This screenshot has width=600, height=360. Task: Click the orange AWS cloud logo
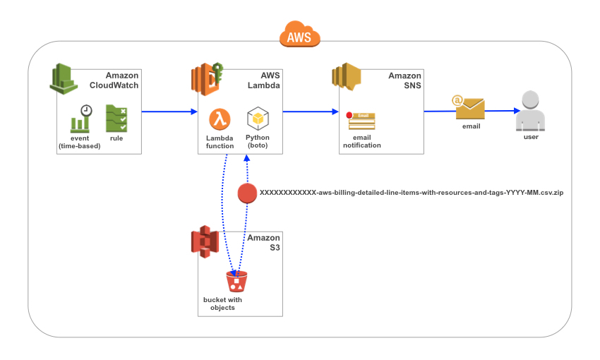click(300, 34)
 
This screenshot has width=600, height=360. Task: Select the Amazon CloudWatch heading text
click(114, 80)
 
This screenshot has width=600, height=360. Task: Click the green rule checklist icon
click(116, 119)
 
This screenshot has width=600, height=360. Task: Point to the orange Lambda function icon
click(220, 118)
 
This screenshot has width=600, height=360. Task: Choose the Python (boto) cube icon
click(257, 118)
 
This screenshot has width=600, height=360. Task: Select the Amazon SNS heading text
click(404, 80)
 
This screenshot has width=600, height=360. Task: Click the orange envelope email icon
click(469, 108)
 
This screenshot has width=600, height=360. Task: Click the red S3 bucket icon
click(236, 282)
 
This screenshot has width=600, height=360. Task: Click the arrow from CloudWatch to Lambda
click(169, 111)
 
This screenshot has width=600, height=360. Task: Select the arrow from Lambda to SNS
click(311, 111)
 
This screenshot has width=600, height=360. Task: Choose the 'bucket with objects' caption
click(222, 304)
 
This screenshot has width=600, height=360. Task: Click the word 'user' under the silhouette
click(531, 137)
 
